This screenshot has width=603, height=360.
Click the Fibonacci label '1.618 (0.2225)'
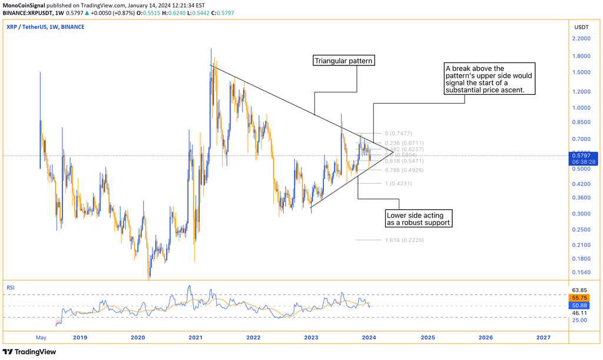pyautogui.click(x=404, y=240)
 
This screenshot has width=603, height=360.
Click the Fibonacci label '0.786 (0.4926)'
pyautogui.click(x=404, y=170)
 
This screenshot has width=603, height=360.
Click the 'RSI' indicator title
pyautogui.click(x=11, y=288)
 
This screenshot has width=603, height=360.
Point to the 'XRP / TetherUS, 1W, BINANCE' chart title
pyautogui.click(x=45, y=27)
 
